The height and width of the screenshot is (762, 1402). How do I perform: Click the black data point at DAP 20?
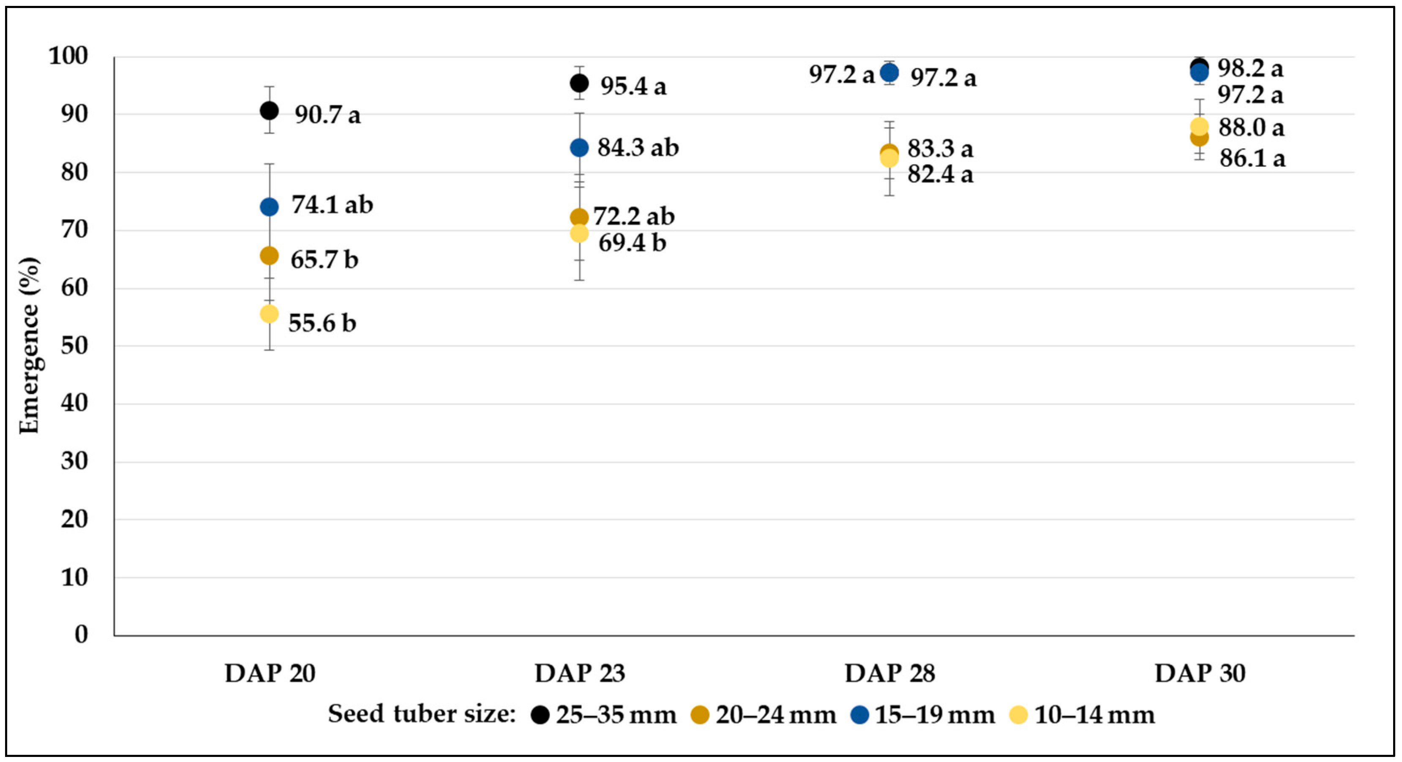pos(269,111)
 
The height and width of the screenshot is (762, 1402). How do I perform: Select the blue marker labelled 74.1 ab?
pos(269,207)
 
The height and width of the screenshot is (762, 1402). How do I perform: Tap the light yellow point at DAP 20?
pos(269,314)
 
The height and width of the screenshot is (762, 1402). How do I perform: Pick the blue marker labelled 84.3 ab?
pos(579,148)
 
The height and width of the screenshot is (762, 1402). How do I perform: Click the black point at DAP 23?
pos(579,83)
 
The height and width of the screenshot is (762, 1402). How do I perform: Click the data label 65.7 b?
pos(325,260)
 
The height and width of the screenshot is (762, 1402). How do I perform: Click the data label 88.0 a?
pos(1251,128)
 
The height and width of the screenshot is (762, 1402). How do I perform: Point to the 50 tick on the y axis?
pos(74,345)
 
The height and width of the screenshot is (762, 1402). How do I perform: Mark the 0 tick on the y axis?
pos(81,634)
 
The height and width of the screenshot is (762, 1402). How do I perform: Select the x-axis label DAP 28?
pos(889,673)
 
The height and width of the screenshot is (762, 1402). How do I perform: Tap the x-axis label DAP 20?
pos(270,673)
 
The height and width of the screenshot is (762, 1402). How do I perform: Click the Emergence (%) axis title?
pos(30,346)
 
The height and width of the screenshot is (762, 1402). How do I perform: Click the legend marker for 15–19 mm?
pos(859,715)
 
